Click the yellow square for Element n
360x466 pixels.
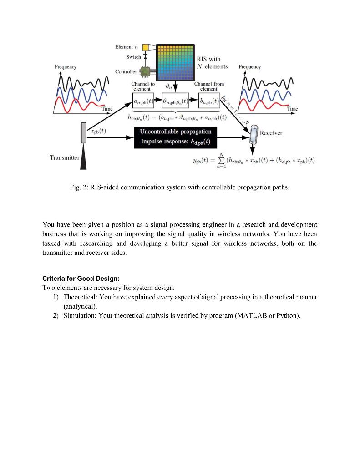[145, 47]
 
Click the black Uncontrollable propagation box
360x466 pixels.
[175, 136]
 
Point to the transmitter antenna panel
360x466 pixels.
[83, 132]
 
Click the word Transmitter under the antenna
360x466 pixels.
[64, 157]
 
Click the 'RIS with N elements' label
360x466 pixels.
[212, 63]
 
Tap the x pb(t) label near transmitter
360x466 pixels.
[98, 132]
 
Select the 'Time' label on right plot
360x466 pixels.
[292, 109]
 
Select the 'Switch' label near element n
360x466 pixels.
[133, 57]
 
